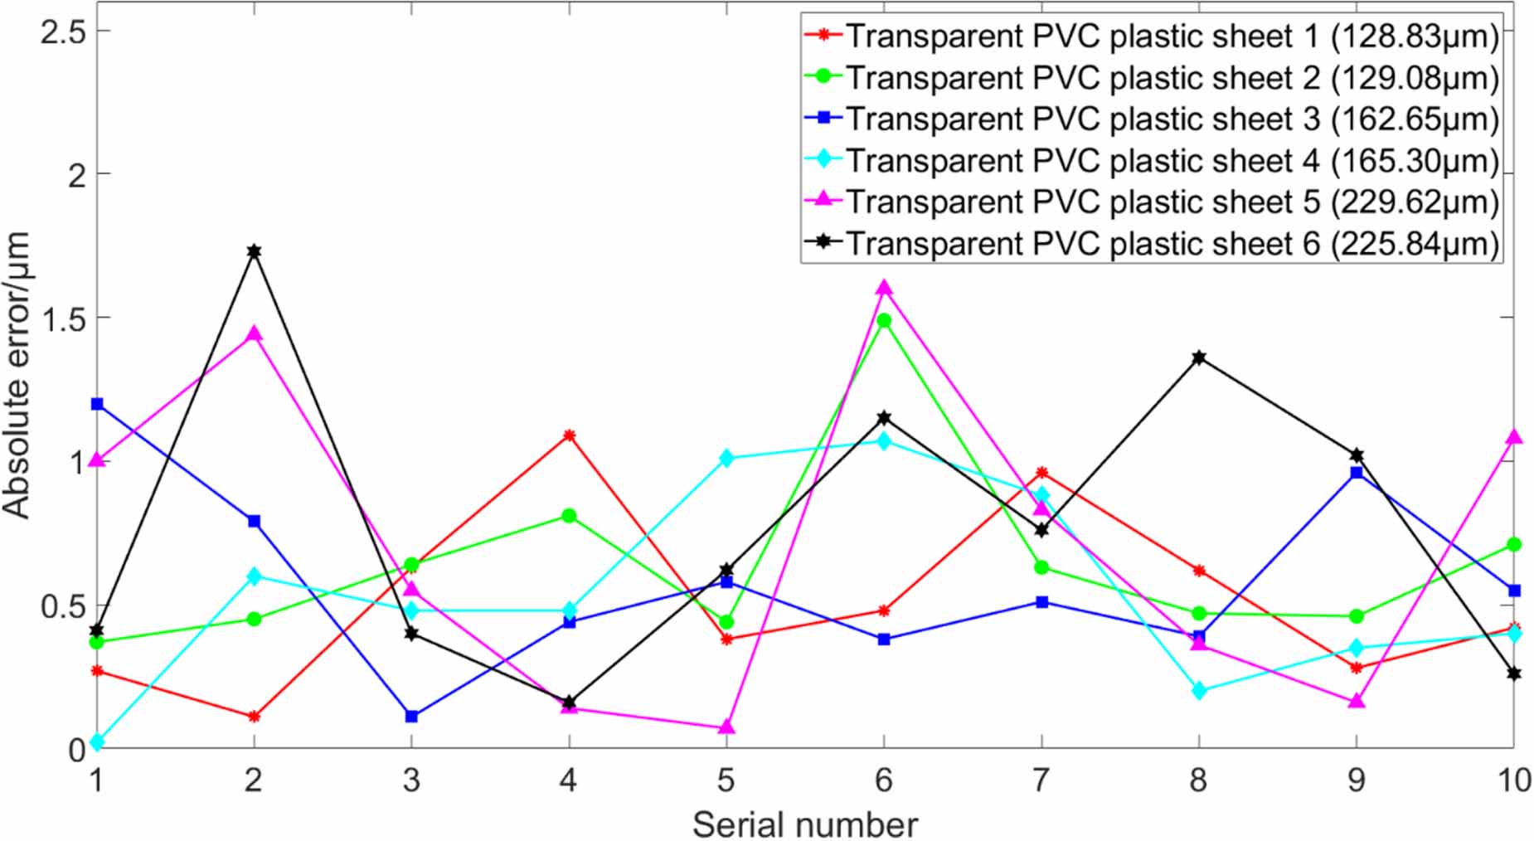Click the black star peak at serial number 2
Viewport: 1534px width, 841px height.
254,250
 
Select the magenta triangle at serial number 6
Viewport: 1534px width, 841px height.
884,288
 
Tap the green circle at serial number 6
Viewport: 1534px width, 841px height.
884,320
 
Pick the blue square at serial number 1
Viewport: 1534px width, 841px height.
97,404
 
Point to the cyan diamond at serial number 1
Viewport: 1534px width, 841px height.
97,741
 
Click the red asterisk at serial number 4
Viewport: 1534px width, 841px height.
569,435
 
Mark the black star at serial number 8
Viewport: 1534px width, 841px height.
1199,357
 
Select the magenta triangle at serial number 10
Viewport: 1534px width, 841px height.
1514,437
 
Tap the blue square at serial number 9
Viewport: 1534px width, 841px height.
1357,473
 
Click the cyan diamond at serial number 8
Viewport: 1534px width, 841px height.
1199,690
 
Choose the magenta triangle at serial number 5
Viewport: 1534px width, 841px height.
726,727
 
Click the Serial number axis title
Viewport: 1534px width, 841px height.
804,824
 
